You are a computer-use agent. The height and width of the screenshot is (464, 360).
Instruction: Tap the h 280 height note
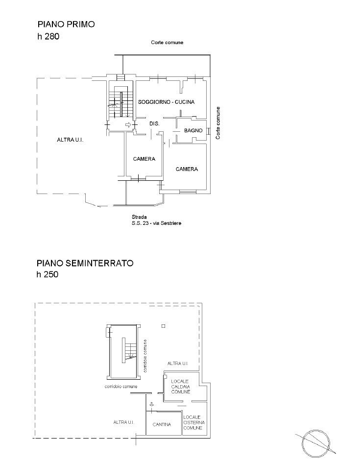click(48, 36)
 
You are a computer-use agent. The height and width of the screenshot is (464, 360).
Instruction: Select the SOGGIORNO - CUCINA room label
click(167, 102)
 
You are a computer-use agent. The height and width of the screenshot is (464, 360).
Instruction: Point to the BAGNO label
click(193, 131)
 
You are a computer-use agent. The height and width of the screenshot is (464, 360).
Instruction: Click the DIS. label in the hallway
click(155, 124)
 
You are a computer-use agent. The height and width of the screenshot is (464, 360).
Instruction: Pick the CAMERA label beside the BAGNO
click(187, 169)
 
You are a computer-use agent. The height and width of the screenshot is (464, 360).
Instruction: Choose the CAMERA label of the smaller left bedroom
click(144, 159)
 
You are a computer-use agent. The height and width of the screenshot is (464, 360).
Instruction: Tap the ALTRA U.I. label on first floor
click(71, 140)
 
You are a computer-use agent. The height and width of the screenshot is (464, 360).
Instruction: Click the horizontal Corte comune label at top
click(167, 43)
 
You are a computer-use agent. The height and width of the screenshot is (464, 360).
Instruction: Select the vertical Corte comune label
click(218, 123)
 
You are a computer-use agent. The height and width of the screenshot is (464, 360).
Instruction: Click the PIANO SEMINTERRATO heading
click(84, 263)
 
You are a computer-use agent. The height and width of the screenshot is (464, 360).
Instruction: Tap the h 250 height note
click(48, 275)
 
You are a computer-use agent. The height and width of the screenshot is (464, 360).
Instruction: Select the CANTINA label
click(162, 424)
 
